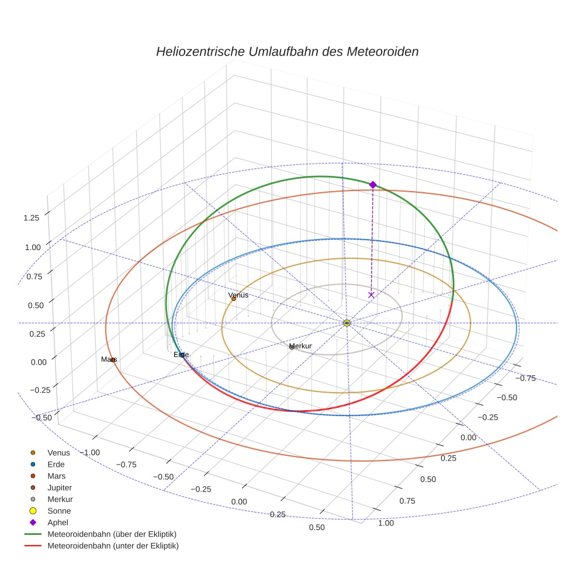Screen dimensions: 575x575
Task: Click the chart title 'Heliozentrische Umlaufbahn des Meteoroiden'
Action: point(287,51)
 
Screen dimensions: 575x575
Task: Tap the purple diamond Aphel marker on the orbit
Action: point(373,185)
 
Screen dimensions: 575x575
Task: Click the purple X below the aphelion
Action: point(371,295)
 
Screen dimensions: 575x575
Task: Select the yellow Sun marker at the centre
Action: point(347,323)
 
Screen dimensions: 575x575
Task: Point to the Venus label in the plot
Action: point(238,295)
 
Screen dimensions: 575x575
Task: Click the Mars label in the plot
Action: point(109,359)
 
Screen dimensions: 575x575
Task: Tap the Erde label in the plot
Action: point(181,355)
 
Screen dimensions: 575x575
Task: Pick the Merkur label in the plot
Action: point(300,346)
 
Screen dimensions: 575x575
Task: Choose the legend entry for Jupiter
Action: point(60,487)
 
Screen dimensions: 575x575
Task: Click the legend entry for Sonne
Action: point(59,511)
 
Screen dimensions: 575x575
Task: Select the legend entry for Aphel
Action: point(58,522)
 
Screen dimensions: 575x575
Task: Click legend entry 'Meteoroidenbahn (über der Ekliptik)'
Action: point(112,534)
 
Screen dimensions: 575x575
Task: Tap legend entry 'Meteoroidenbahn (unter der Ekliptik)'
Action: point(113,546)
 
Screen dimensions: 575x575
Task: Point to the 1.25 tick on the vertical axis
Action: point(32,218)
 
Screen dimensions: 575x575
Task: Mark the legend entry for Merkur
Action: point(60,499)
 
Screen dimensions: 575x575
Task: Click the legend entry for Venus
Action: point(58,452)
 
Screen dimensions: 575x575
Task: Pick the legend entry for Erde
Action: point(56,464)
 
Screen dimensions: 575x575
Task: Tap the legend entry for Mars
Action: point(56,476)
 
